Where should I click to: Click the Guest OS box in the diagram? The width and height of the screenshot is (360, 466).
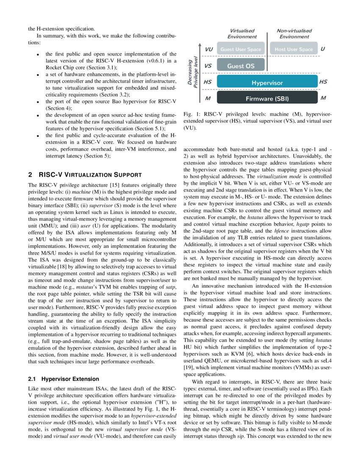(241, 66)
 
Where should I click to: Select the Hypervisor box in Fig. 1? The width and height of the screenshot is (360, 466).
(267, 83)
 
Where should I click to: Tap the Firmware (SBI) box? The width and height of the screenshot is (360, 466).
(267, 99)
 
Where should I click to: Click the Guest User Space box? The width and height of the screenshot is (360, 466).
(241, 50)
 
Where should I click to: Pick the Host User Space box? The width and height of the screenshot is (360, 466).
(294, 50)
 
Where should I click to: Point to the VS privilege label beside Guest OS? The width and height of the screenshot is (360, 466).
(208, 66)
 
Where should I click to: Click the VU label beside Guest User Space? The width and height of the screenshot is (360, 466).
(208, 49)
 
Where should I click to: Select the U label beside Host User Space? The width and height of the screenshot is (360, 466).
(323, 49)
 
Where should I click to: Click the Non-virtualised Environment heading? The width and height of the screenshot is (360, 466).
(294, 33)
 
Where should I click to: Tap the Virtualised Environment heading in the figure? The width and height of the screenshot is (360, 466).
(242, 33)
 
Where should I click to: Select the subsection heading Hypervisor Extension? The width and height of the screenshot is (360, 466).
(70, 379)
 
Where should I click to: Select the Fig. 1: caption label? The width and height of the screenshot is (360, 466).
(191, 114)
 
